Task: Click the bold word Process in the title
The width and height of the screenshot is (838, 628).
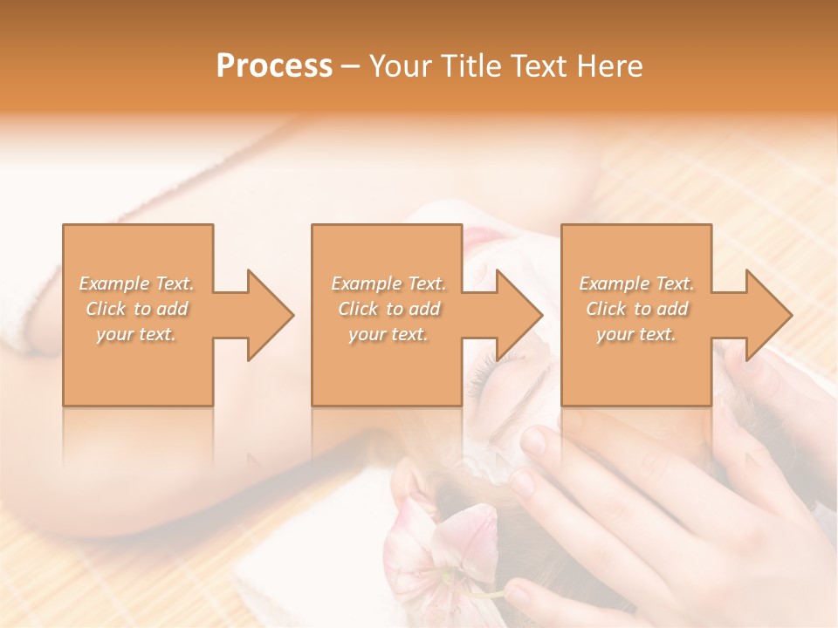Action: pyautogui.click(x=274, y=66)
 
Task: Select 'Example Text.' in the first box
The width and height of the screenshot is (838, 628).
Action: pyautogui.click(x=137, y=283)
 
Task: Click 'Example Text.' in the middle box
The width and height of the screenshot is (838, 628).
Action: pyautogui.click(x=388, y=283)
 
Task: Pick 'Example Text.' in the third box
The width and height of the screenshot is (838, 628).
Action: pyautogui.click(x=636, y=283)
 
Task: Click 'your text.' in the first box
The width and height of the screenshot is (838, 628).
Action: pyautogui.click(x=137, y=334)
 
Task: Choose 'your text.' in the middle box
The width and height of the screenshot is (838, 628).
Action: pyautogui.click(x=388, y=334)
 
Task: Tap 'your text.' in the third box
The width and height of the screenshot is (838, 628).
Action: pyautogui.click(x=636, y=334)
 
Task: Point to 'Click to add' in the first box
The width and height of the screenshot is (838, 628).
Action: pyautogui.click(x=137, y=309)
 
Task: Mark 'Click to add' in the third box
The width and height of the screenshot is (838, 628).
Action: pyautogui.click(x=636, y=309)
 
